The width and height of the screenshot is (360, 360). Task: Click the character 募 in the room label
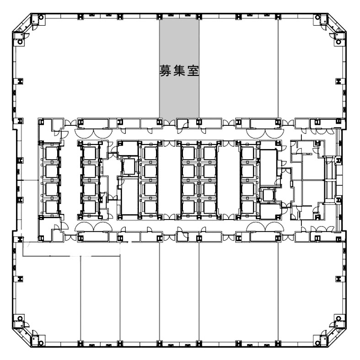[165, 70]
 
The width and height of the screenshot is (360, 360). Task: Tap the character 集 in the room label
[179, 70]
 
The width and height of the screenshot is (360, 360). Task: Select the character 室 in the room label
[193, 70]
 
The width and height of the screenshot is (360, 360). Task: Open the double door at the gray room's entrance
[169, 123]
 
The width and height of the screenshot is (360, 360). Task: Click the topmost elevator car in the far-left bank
[51, 153]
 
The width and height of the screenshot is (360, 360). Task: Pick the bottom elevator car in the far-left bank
[51, 207]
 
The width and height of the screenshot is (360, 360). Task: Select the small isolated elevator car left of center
[129, 166]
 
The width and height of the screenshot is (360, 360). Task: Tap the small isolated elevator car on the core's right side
[269, 195]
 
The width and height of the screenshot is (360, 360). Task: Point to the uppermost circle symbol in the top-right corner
[317, 17]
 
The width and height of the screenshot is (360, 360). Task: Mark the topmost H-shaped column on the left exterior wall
[21, 81]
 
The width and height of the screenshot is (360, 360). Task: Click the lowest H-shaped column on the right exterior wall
[339, 279]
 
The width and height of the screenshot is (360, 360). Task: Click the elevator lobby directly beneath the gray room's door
[169, 179]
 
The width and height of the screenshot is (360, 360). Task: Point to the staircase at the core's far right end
[330, 181]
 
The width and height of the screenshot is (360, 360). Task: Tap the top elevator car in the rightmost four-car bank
[248, 153]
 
